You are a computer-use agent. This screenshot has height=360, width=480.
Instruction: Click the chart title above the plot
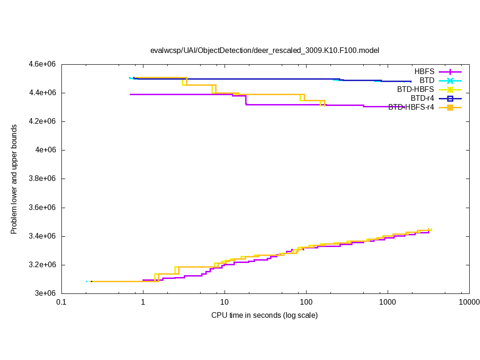[x=264, y=50]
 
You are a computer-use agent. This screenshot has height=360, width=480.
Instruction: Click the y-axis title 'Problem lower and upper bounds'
[x=14, y=179]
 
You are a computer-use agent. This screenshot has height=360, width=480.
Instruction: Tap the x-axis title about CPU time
[x=264, y=315]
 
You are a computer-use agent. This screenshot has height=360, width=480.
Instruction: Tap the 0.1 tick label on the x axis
[x=61, y=303]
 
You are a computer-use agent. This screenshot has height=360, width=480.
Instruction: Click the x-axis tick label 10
[x=225, y=303]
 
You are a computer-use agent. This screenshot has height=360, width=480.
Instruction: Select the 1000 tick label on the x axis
[x=388, y=303]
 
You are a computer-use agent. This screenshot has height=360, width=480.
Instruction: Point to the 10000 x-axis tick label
[x=469, y=303]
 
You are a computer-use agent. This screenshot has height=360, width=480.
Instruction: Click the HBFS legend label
[x=424, y=72]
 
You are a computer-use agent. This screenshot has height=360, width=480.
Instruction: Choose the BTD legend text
[x=427, y=81]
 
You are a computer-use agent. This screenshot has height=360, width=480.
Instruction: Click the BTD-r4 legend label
[x=422, y=98]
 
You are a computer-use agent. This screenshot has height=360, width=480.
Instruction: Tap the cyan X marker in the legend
[x=450, y=81]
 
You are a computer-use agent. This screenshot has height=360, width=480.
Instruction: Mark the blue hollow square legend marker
[x=450, y=98]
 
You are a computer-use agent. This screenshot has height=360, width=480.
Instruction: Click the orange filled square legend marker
[x=450, y=107]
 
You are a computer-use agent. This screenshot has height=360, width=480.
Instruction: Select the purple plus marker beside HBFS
[x=450, y=72]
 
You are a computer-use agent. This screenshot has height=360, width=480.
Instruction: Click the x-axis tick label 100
[x=306, y=303]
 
